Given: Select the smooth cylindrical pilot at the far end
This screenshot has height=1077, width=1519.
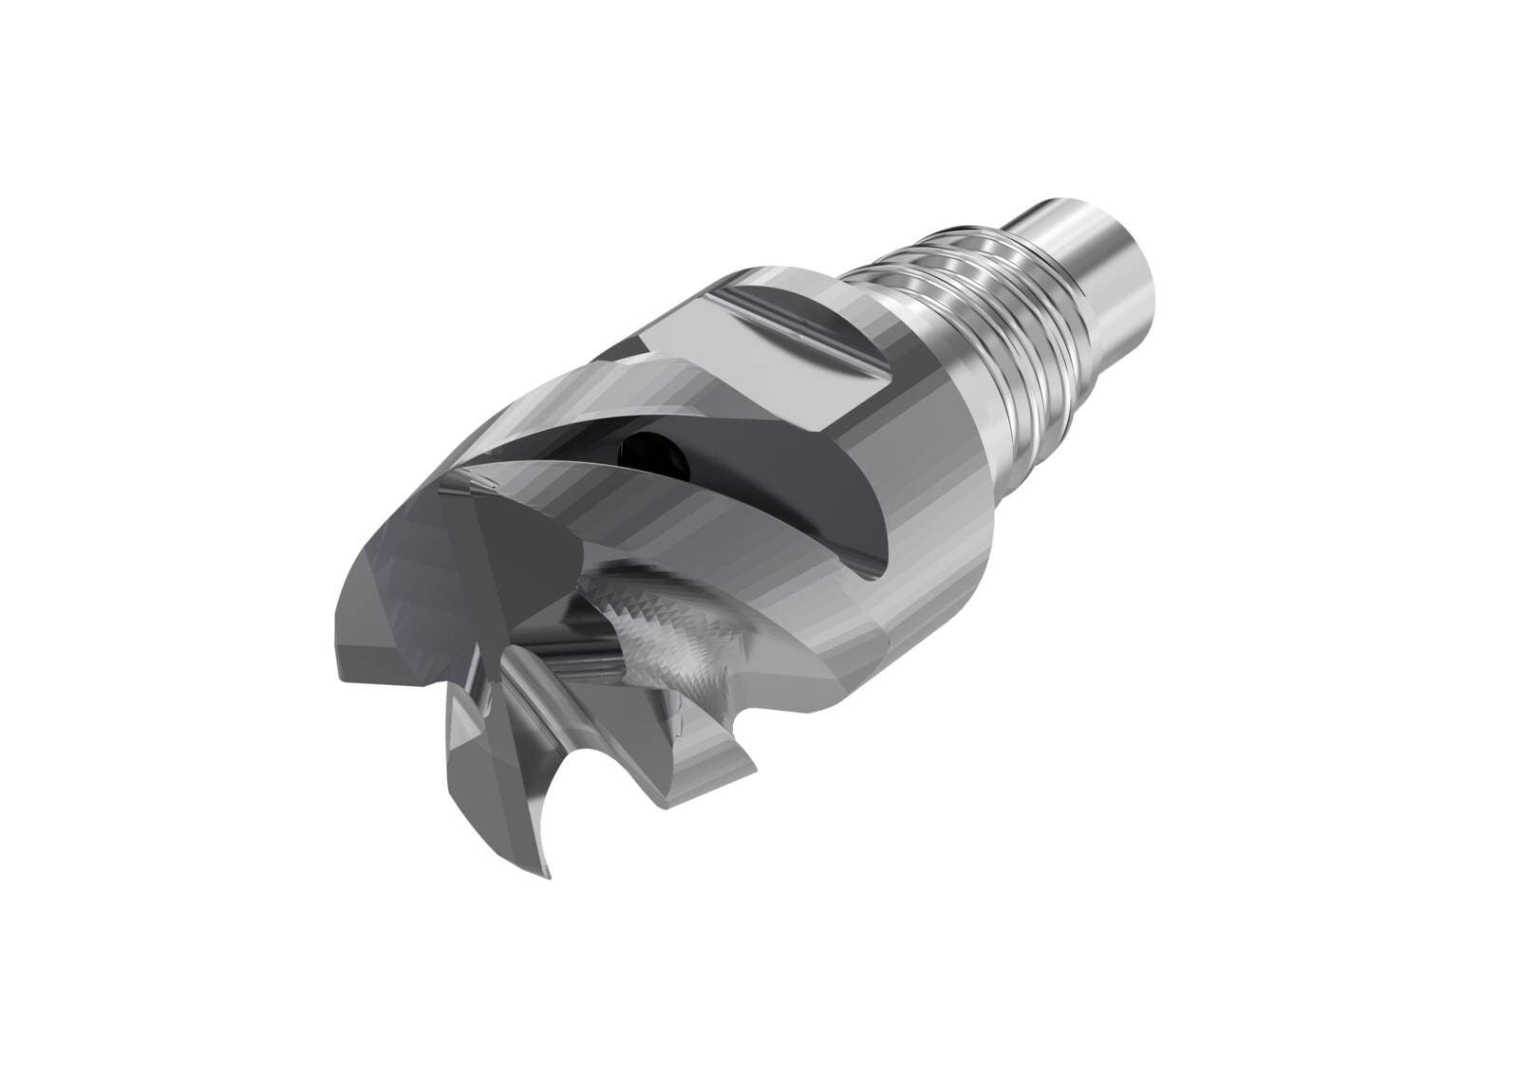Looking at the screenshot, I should click(x=1092, y=232).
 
